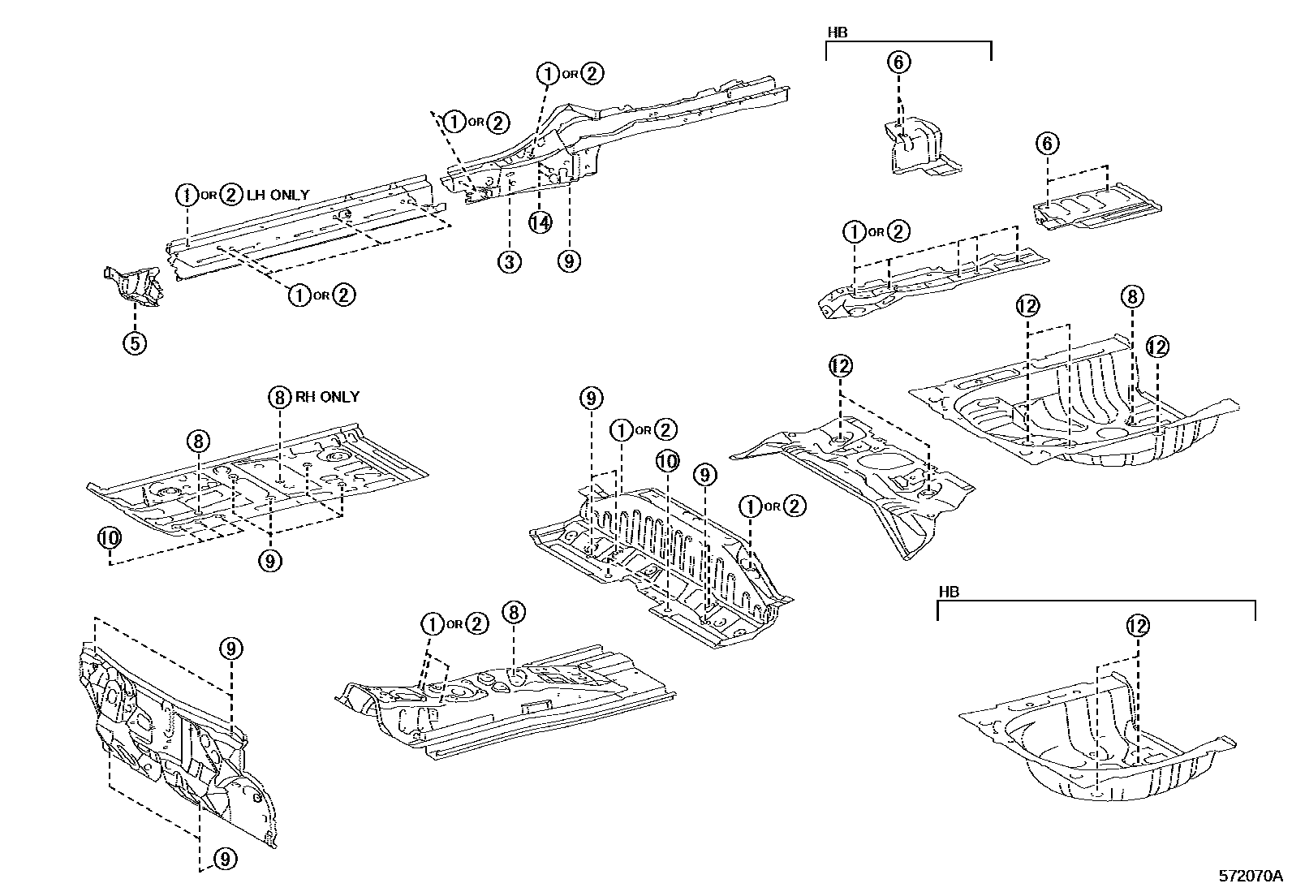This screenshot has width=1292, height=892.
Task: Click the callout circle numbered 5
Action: (x=135, y=343)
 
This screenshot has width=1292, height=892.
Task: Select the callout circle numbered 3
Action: (x=509, y=261)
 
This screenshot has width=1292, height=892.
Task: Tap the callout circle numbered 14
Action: (x=540, y=222)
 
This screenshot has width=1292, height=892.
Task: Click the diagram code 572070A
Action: (x=1250, y=876)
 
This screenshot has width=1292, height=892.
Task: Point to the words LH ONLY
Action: (x=278, y=195)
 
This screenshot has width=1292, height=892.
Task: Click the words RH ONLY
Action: (x=326, y=397)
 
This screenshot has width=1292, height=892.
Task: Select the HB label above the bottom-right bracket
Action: (x=949, y=592)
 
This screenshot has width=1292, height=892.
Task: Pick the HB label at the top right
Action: (x=837, y=32)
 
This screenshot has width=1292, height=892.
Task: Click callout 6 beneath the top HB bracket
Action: (x=899, y=62)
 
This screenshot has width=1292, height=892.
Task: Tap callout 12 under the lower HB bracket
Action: (x=1138, y=625)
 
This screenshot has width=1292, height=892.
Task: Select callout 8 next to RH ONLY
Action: (x=279, y=397)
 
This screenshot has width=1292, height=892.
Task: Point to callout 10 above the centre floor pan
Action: (x=666, y=462)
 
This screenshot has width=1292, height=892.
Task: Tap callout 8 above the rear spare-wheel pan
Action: (x=1132, y=296)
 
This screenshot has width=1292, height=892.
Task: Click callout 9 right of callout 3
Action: (x=569, y=261)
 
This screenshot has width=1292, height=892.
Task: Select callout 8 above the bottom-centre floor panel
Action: (x=514, y=612)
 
